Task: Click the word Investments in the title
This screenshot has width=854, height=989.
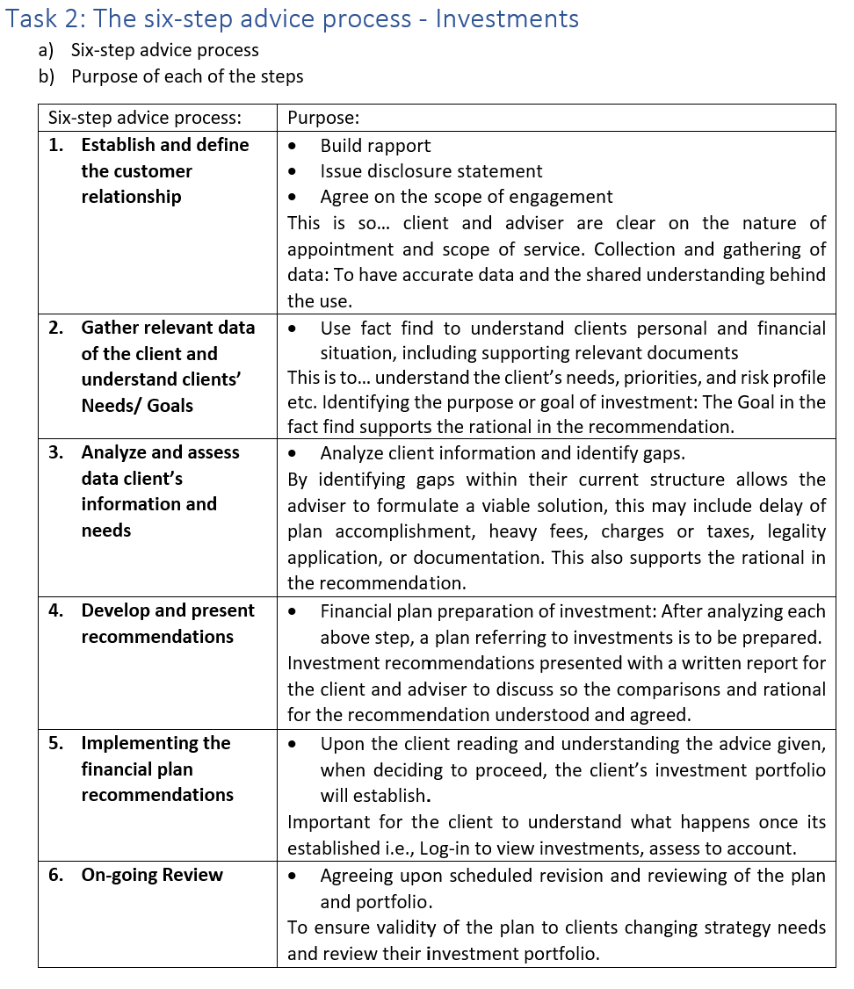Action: (507, 18)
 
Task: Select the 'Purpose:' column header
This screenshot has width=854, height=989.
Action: (323, 119)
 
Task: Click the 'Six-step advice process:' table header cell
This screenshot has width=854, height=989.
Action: (145, 119)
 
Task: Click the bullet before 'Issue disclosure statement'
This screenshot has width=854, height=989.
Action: (293, 171)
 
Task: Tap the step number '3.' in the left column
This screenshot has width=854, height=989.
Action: (56, 452)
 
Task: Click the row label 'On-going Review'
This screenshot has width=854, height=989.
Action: (152, 875)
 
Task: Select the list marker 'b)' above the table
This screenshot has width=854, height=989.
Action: (47, 76)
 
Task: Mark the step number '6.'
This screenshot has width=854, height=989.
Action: (56, 875)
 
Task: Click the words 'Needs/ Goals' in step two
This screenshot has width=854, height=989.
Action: (137, 406)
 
